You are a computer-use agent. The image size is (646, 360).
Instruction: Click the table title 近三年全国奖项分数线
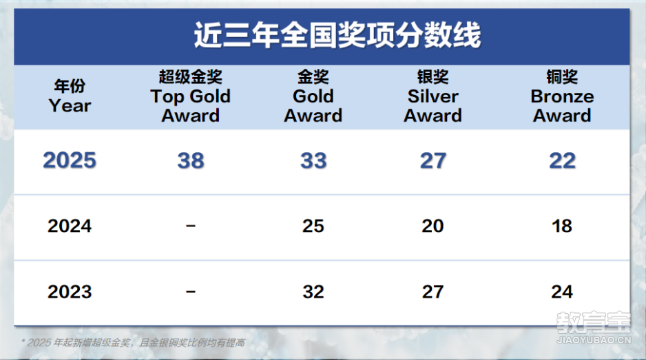coord(337,35)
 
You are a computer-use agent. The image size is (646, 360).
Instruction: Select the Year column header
coord(70,96)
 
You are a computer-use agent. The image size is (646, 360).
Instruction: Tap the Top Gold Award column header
coord(190,96)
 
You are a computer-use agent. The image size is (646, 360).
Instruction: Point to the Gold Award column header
coord(313,96)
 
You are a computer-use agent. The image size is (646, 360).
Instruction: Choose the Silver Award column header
coord(433,96)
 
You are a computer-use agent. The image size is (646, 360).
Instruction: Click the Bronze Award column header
coord(562,96)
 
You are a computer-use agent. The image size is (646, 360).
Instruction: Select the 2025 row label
coord(70,160)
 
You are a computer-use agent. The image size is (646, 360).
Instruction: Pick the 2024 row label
coord(70,226)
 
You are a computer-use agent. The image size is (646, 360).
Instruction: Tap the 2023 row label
coord(70,292)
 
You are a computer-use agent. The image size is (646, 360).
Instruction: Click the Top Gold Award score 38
coord(191,160)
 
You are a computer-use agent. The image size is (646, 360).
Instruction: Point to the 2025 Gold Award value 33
coord(313,160)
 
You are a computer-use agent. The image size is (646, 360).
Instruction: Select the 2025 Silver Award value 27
coord(433,160)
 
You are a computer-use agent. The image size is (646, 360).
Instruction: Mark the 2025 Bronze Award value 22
coord(563,160)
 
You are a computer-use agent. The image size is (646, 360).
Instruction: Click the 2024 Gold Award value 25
coord(313,226)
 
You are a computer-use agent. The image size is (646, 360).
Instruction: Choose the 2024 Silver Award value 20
coord(433,226)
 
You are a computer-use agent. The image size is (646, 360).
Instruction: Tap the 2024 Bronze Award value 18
coord(562,226)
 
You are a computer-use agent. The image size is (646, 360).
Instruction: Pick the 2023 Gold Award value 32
coord(313,292)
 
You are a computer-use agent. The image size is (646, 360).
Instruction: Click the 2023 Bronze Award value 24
coord(562,292)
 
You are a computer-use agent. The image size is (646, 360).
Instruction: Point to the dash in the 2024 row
coord(190,226)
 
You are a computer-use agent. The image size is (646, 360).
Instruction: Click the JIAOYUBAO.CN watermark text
coord(594,340)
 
